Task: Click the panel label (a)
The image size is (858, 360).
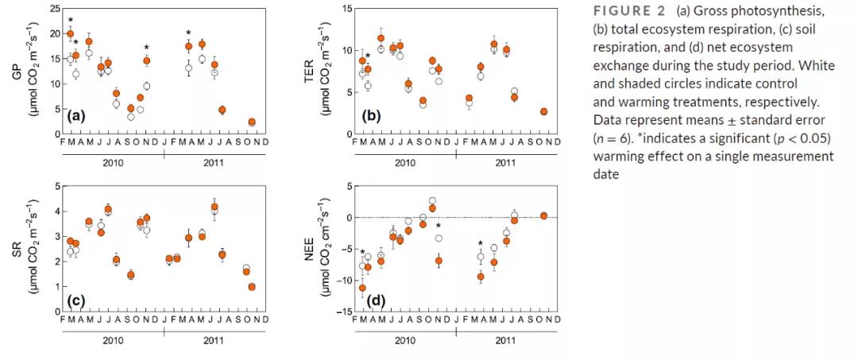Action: point(76,117)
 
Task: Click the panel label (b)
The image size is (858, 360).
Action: point(370,117)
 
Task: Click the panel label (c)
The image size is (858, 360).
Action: point(76,300)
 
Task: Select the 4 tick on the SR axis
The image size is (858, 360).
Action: point(57,211)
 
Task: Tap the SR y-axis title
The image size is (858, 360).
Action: point(16,248)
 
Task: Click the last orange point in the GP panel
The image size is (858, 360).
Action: point(251,122)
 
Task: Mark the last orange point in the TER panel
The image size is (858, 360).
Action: point(543,111)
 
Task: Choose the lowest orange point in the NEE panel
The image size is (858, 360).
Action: point(362,288)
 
